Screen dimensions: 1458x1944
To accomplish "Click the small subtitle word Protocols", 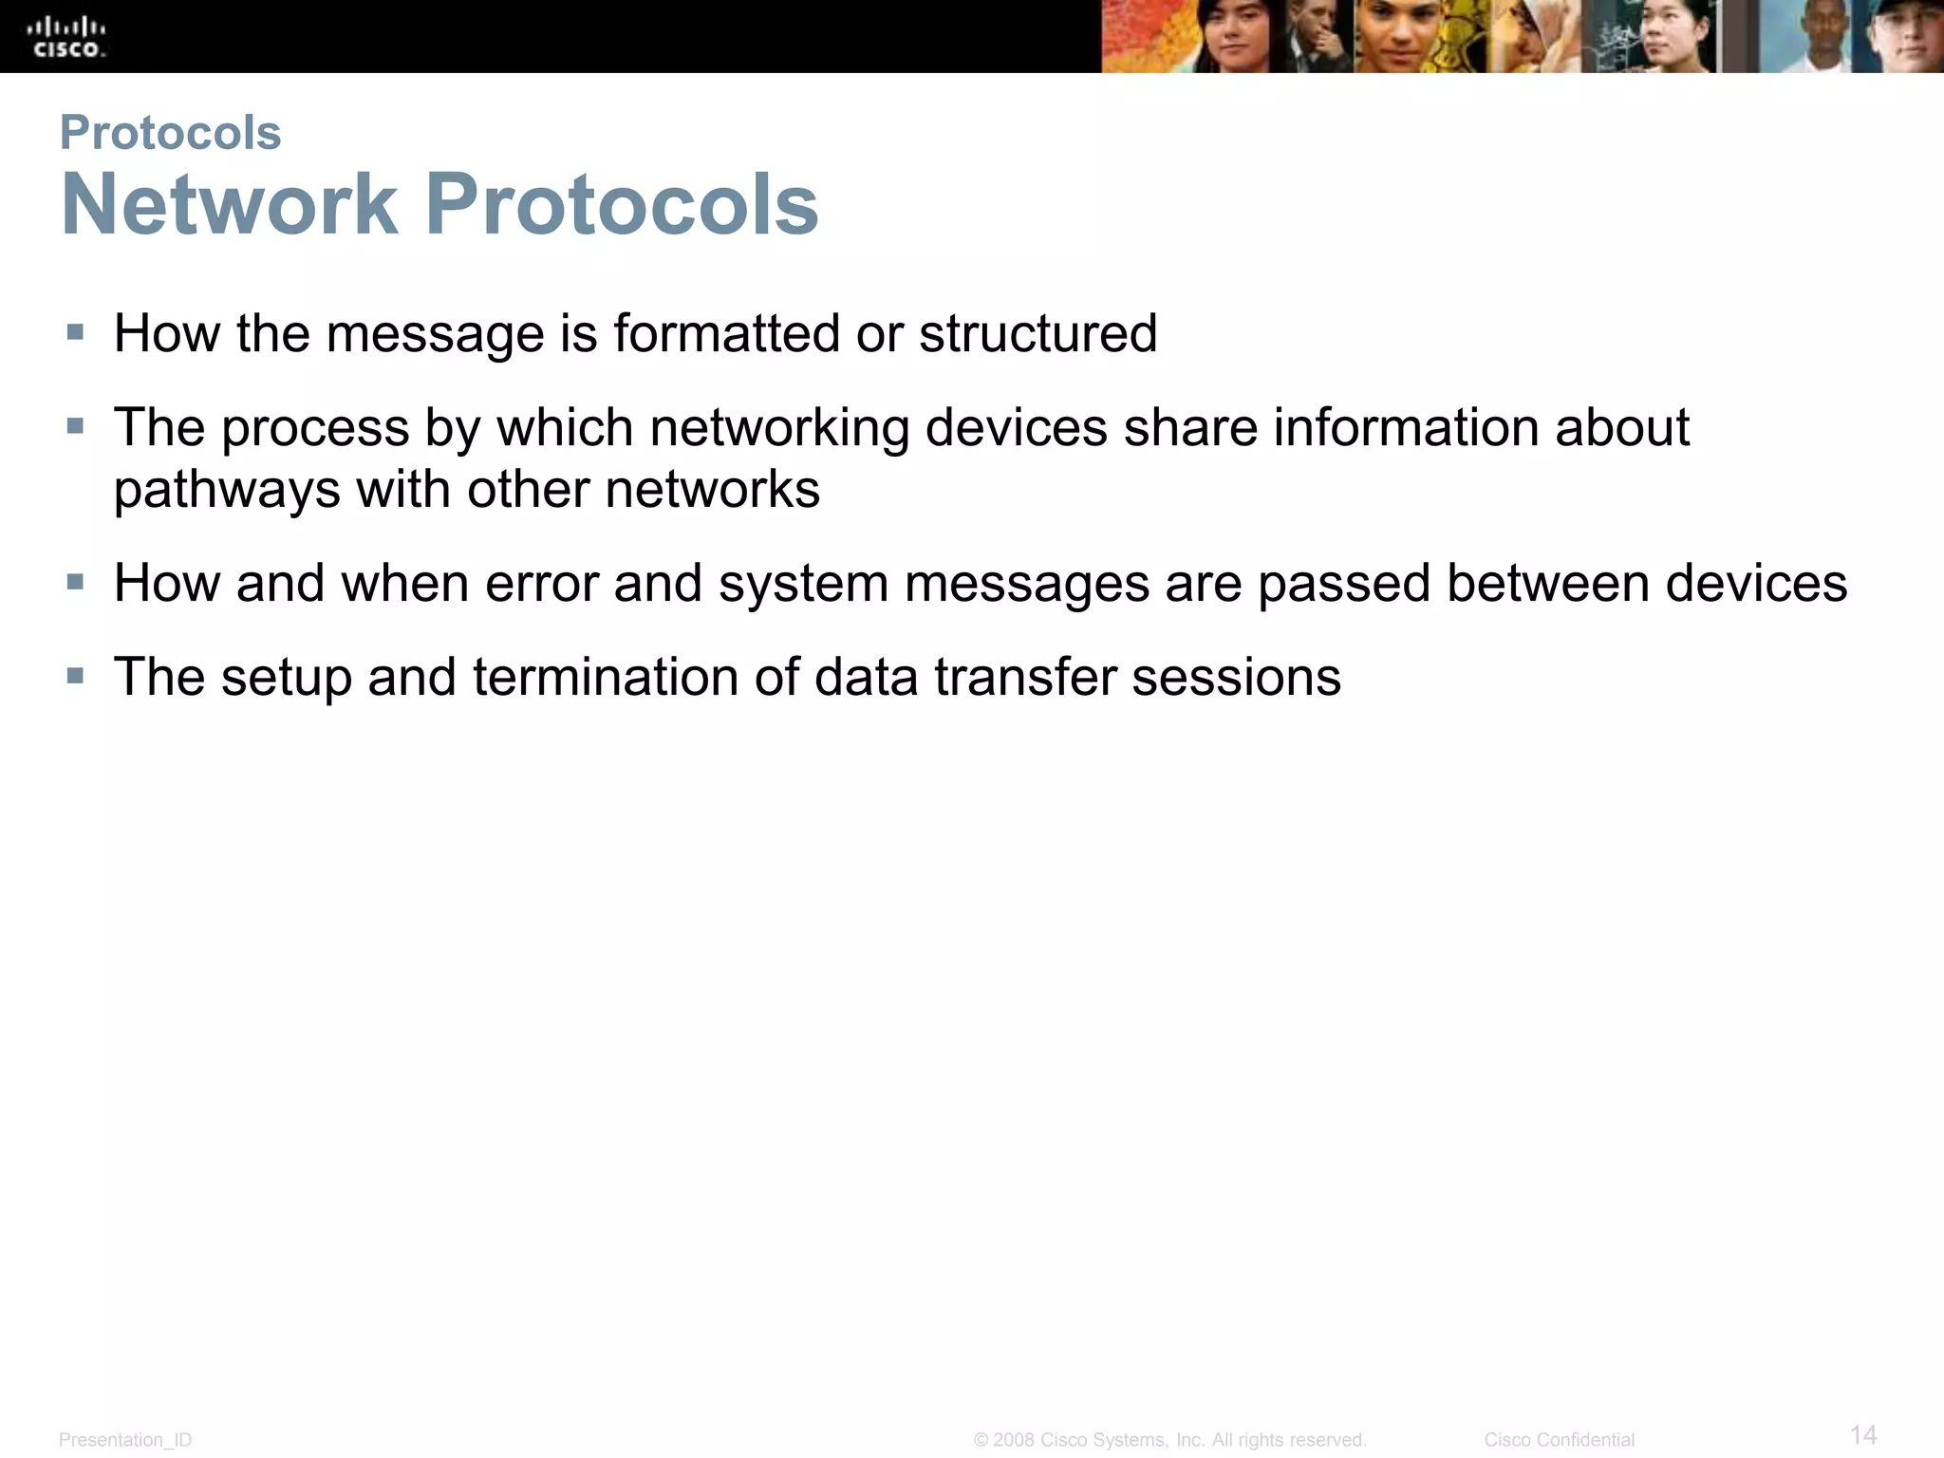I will (170, 132).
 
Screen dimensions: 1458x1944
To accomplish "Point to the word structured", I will (1037, 333).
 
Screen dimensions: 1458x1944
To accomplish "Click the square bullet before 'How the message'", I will (75, 333).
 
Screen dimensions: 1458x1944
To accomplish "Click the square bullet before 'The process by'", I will (75, 427).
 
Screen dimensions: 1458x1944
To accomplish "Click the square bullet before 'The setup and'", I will (75, 677).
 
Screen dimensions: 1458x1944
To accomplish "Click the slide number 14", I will (1863, 1434).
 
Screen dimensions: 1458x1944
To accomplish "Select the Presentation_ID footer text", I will (125, 1440).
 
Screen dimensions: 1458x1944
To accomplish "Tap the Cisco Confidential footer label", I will (1559, 1440).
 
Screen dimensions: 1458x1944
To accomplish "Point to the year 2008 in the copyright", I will (1013, 1440).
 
